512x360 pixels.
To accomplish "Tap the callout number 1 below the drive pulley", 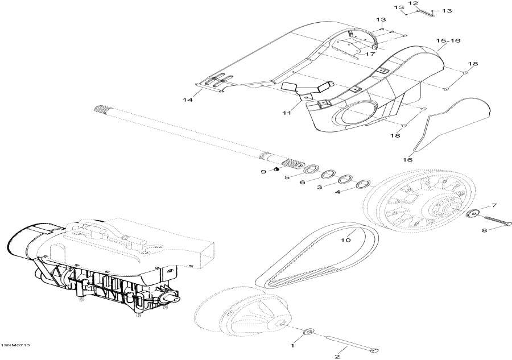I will point(293,345).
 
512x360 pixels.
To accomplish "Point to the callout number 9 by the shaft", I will point(263,171).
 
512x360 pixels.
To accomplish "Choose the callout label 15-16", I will point(448,41).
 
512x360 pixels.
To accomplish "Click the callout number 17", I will point(370,54).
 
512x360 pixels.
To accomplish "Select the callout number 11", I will point(287,113).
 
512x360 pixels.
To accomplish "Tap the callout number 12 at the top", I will point(413,4).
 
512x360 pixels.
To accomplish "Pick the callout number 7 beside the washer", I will point(494,205).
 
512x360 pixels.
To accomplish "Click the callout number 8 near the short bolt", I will point(485,231).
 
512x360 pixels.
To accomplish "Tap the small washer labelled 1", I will point(309,331).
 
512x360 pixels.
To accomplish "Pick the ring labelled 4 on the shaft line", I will point(362,184).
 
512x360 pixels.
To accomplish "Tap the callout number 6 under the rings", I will point(302,182).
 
